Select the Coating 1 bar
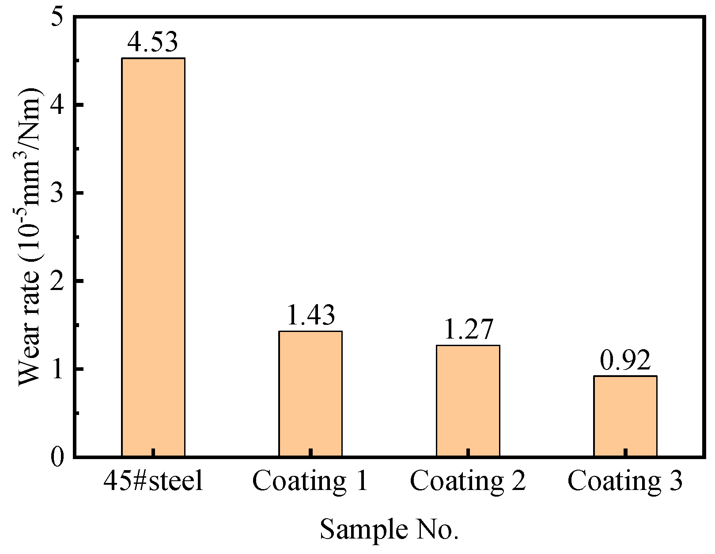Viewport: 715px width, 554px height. click(x=310, y=393)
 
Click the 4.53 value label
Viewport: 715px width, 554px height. click(x=152, y=42)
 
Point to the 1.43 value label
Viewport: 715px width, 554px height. click(x=310, y=315)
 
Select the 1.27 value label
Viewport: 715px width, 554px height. click(x=468, y=329)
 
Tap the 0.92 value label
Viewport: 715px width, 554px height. click(x=625, y=360)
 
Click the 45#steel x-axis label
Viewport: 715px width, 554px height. click(x=153, y=481)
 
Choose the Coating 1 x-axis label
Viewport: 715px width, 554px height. click(x=310, y=481)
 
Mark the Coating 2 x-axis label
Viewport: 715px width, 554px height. click(x=468, y=481)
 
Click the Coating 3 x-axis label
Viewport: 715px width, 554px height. click(x=625, y=481)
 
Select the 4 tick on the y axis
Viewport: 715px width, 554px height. click(x=57, y=106)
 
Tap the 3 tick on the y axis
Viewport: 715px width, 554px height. click(x=57, y=193)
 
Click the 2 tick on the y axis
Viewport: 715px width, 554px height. click(x=57, y=281)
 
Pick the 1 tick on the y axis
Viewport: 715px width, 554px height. click(x=57, y=369)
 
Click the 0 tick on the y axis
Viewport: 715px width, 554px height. click(x=57, y=457)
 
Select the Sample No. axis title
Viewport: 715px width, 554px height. click(x=389, y=529)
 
